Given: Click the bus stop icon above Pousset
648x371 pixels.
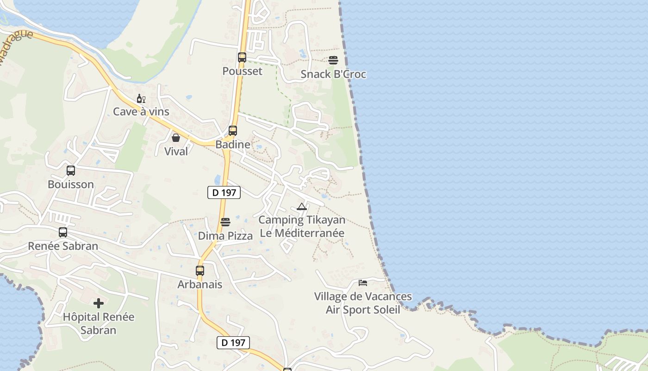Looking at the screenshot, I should pos(242,58).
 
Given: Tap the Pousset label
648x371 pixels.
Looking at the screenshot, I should pos(242,71).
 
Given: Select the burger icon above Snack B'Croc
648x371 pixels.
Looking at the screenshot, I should pos(333,60).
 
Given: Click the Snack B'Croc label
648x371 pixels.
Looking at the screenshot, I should pos(333,74).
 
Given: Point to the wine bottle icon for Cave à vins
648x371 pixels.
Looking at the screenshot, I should pos(141,98).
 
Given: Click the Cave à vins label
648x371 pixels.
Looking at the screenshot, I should pos(141,112).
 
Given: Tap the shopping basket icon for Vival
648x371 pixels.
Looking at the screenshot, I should pos(176,138).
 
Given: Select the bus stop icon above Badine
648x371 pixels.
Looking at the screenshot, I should pos(232,131).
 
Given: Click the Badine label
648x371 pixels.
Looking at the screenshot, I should pos(233,144).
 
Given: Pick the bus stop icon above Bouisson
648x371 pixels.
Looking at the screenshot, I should pos(70,171).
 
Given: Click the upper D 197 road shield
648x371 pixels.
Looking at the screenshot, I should pos(224,192).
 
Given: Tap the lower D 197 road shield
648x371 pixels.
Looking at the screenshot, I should pos(233,343).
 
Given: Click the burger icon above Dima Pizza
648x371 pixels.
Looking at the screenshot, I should pos(225,222).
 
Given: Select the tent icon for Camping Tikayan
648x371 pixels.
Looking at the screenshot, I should pos(302,207).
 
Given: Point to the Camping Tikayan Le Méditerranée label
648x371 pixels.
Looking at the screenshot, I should pos(302,226).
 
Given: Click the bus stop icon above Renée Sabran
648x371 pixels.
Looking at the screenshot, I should pos(63,232).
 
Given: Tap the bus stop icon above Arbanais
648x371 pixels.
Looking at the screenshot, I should pos(200,271).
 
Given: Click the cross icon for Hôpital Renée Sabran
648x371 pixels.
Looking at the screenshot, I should pos(99,304).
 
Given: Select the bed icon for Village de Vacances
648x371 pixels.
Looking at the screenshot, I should pos(363,282).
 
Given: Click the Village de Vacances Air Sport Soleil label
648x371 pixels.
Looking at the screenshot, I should pos(363,303).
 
